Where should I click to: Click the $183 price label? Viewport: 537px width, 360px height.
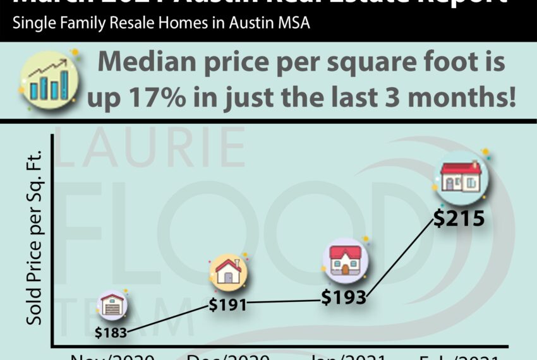[112, 332]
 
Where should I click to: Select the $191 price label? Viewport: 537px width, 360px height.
[227, 304]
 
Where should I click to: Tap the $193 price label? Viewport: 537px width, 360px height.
[344, 296]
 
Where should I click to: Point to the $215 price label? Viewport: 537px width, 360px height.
[459, 219]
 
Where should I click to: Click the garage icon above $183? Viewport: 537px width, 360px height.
[112, 306]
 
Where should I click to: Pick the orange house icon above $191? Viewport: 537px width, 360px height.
[228, 272]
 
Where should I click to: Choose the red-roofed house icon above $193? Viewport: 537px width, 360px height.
[345, 260]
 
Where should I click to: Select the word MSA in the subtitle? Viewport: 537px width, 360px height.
[291, 25]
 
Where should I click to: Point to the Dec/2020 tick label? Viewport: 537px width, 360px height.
[229, 357]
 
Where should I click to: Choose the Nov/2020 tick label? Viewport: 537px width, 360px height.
[112, 357]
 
